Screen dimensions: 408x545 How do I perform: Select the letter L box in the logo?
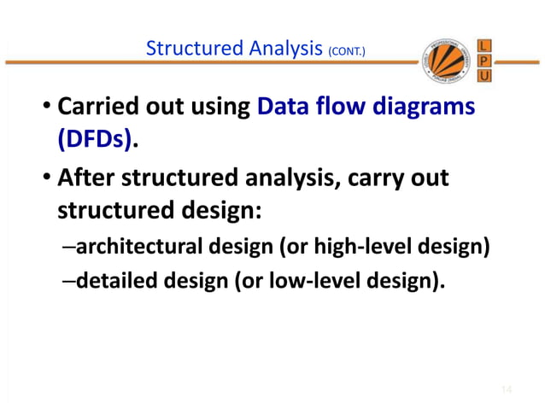pos(484,44)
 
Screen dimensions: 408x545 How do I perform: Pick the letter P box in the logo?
pos(484,60)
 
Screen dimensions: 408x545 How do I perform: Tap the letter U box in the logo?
pos(484,76)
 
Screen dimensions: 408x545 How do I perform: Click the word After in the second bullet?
pos(84,180)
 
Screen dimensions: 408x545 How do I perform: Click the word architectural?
pos(136,248)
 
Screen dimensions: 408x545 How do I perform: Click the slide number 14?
pos(506,390)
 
